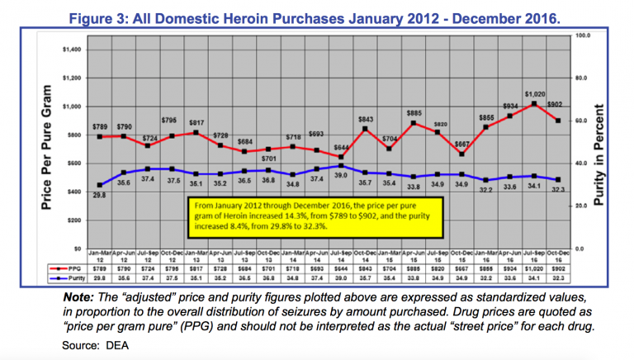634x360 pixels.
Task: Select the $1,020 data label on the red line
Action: (534, 94)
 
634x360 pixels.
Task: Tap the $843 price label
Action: (366, 118)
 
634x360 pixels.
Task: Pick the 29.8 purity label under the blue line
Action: (99, 195)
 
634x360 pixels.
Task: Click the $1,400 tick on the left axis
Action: (72, 50)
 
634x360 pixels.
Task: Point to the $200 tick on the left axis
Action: (73, 220)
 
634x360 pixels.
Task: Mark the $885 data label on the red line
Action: (414, 112)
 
